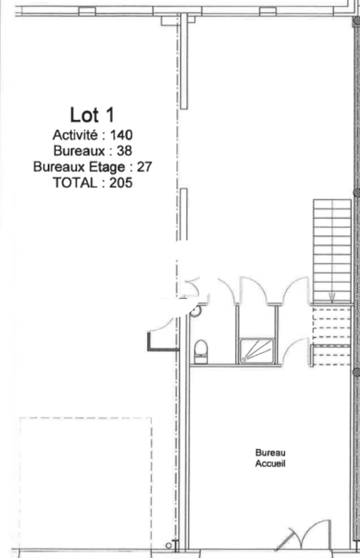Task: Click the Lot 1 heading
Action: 92,115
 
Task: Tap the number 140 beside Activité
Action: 121,135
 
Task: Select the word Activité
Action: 75,135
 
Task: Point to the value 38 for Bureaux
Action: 124,151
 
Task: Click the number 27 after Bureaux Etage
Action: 144,167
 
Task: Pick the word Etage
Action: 107,167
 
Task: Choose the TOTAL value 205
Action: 121,183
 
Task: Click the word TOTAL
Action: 75,183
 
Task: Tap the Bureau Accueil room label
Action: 270,458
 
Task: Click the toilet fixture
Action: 201,352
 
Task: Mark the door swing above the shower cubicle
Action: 253,290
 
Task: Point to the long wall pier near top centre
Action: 184,61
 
